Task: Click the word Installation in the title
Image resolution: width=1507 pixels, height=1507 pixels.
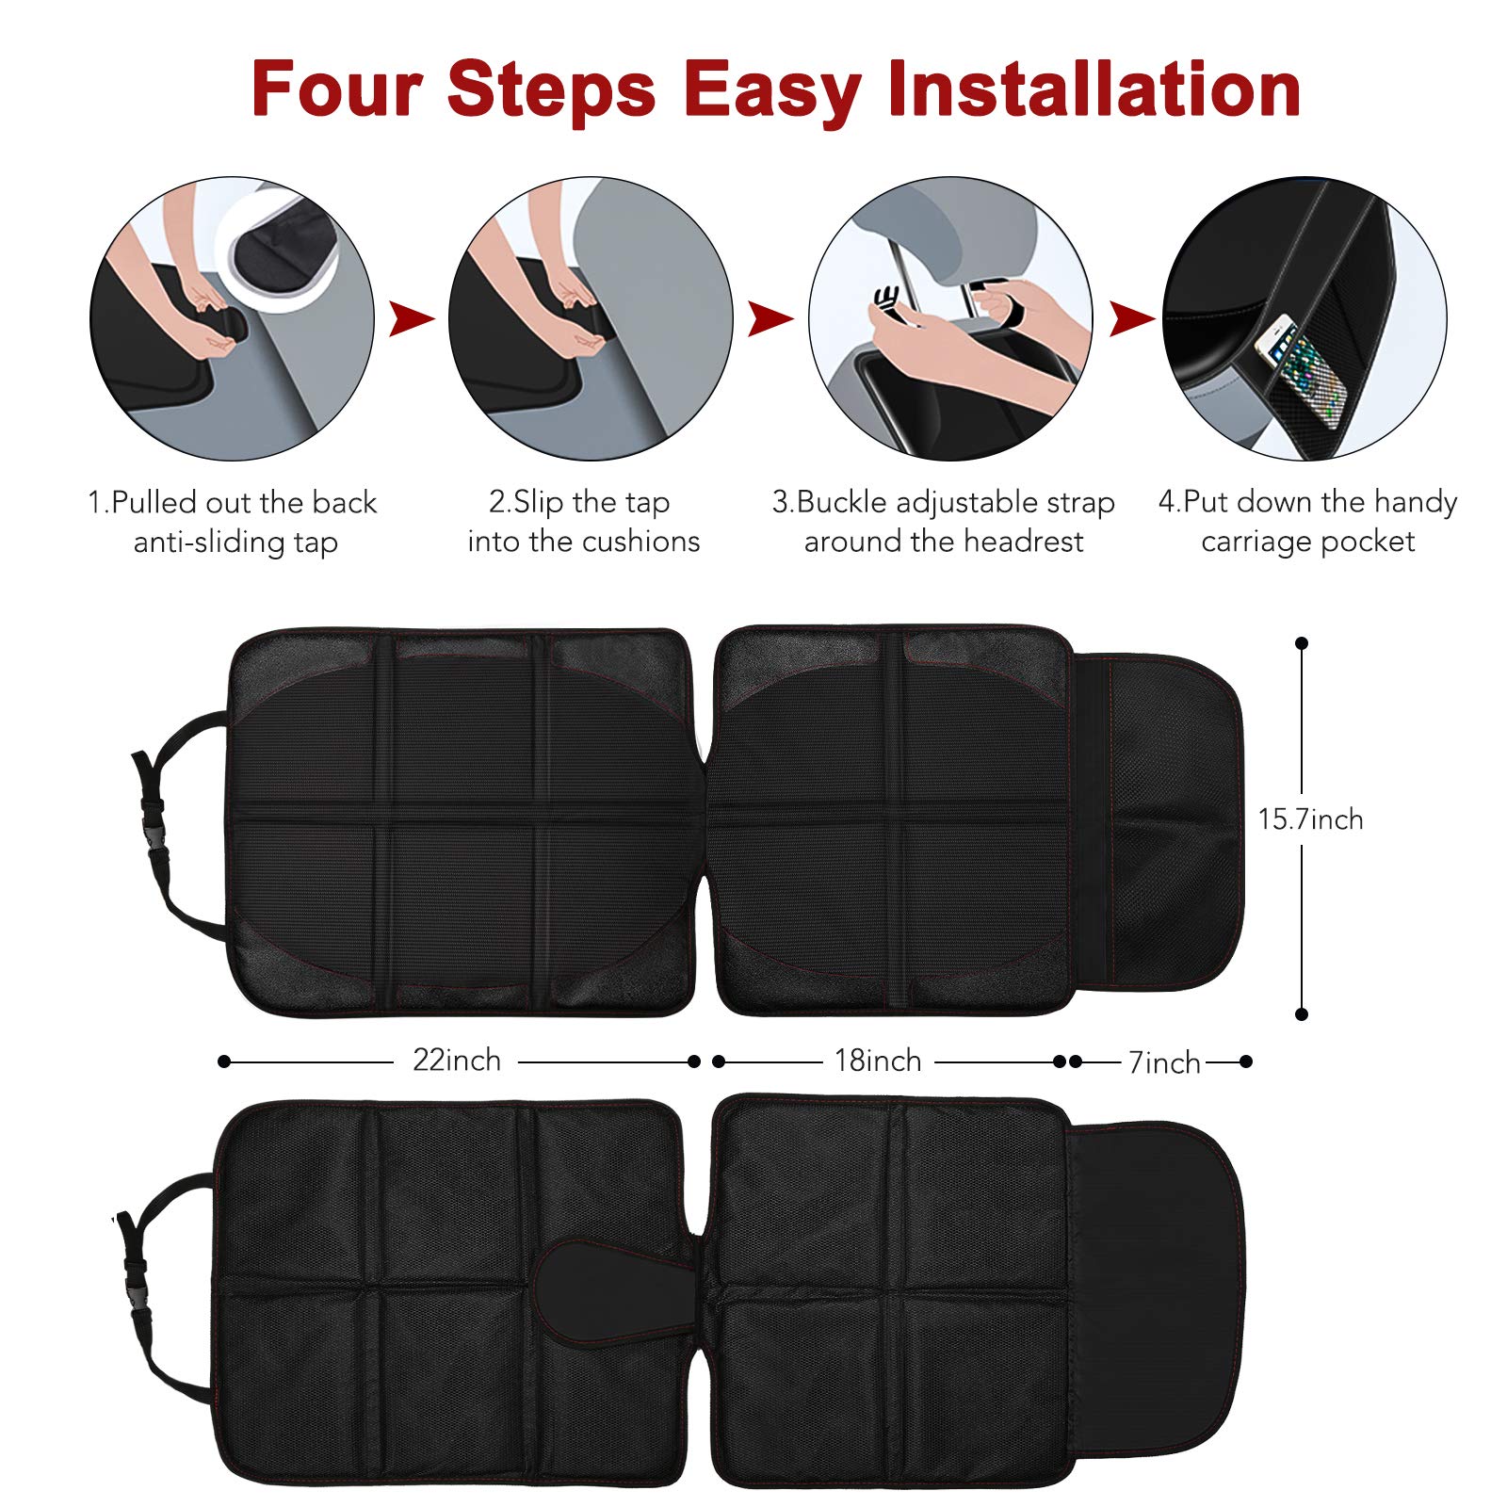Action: [1094, 89]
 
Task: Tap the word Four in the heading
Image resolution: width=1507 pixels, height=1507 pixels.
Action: [337, 89]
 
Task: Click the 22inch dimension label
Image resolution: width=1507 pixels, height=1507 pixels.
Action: [457, 1061]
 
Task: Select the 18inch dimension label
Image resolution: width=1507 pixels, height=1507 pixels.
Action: [878, 1061]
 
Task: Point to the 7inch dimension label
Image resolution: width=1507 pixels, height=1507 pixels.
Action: [1165, 1062]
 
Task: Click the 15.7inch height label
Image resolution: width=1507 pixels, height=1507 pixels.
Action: [1310, 819]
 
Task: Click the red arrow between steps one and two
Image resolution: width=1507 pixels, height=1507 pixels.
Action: [412, 318]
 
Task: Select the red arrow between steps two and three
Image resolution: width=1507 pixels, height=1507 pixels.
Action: [770, 318]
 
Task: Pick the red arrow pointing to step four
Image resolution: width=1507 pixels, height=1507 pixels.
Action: [1131, 318]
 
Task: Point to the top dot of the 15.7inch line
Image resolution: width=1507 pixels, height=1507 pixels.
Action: [1302, 643]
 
